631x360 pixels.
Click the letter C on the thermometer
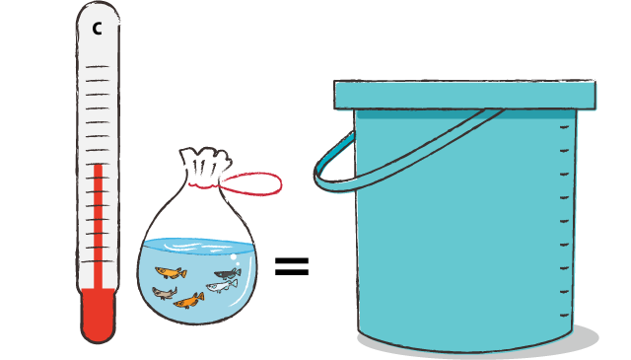(x=97, y=29)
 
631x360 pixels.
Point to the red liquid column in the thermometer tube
(x=99, y=226)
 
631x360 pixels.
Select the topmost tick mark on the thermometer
(x=98, y=66)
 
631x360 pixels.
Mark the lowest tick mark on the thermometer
(x=98, y=261)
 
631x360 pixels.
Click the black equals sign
(x=292, y=266)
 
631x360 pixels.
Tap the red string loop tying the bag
(x=250, y=183)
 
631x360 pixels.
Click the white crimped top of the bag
(x=205, y=166)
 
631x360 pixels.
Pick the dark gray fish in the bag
(x=228, y=274)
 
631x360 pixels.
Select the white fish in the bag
(x=222, y=286)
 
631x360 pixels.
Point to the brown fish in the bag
(x=165, y=293)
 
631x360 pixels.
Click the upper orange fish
(x=171, y=272)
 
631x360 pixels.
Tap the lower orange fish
(x=188, y=301)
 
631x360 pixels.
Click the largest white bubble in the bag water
(x=233, y=256)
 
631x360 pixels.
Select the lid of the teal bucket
(x=464, y=95)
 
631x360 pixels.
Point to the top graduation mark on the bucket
(x=564, y=127)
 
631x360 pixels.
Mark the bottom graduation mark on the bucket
(x=565, y=315)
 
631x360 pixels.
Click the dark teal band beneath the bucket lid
(x=465, y=114)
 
